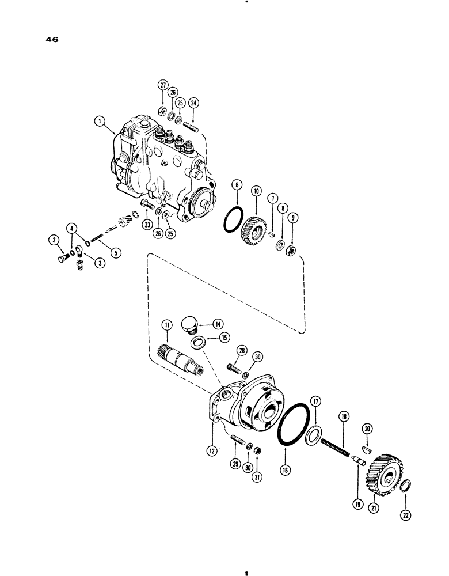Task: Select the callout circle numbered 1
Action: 101,121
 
